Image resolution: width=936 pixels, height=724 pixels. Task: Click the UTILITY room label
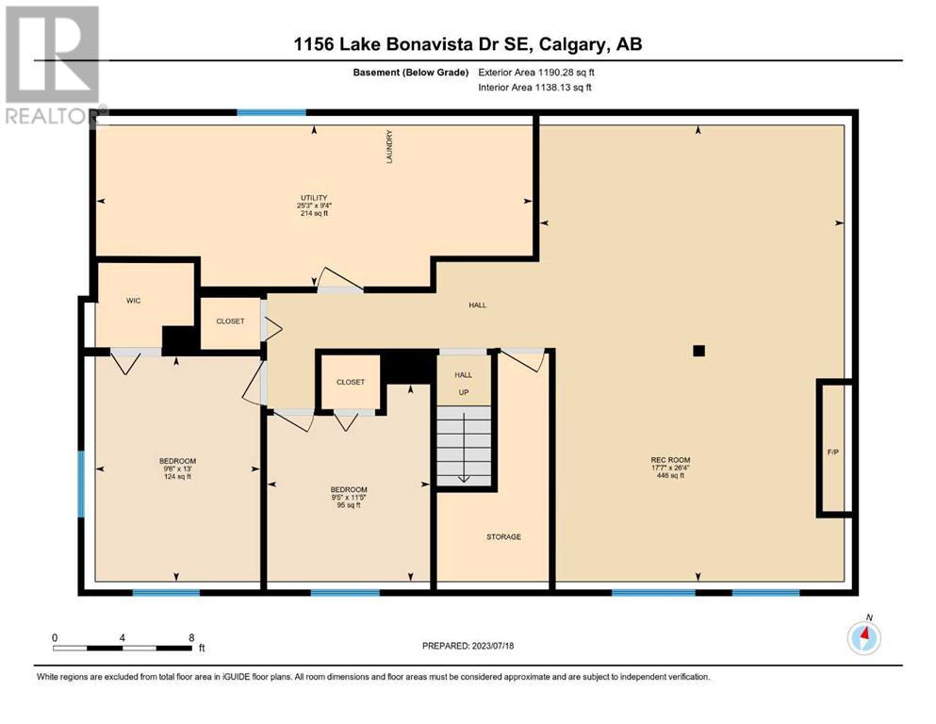point(314,198)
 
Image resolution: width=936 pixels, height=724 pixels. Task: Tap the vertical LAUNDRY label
point(389,147)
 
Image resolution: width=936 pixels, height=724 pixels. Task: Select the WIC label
point(133,300)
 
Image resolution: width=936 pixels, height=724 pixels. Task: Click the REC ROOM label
point(670,460)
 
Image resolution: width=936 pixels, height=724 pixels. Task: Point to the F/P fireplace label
point(832,452)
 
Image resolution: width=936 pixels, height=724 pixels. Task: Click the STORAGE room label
point(503,536)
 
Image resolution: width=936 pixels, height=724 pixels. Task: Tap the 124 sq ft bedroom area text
point(177,476)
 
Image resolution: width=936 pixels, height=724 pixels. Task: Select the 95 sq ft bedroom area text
point(349,505)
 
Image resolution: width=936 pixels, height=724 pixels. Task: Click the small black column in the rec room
point(699,351)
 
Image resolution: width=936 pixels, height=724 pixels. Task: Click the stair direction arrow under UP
point(464,448)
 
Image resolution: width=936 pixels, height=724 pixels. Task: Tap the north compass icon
point(863,637)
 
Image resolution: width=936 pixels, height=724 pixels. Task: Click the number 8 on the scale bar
point(191,637)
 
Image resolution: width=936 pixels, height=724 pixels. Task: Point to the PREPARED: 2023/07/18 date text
point(468,645)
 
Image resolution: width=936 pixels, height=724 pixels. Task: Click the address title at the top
point(468,43)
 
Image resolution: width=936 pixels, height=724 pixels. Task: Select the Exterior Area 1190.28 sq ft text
point(536,73)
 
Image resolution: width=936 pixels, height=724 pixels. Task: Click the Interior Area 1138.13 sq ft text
point(534,87)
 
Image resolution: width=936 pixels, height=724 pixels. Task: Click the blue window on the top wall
point(271,112)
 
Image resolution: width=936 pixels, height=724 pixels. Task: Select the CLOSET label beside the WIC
point(230,321)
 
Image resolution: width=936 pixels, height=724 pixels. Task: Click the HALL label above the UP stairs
point(463,375)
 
